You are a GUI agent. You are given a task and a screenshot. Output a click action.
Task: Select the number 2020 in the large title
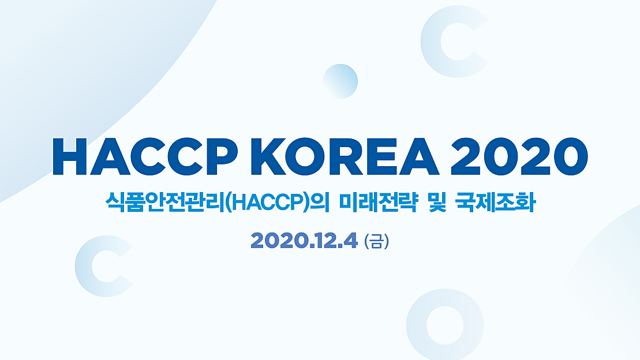[x=514, y=157]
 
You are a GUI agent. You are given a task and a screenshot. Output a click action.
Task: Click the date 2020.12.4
[x=304, y=239]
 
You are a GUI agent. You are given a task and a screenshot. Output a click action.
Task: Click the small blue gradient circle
[x=340, y=81]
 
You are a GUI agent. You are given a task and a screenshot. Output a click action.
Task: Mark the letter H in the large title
[x=71, y=157]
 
